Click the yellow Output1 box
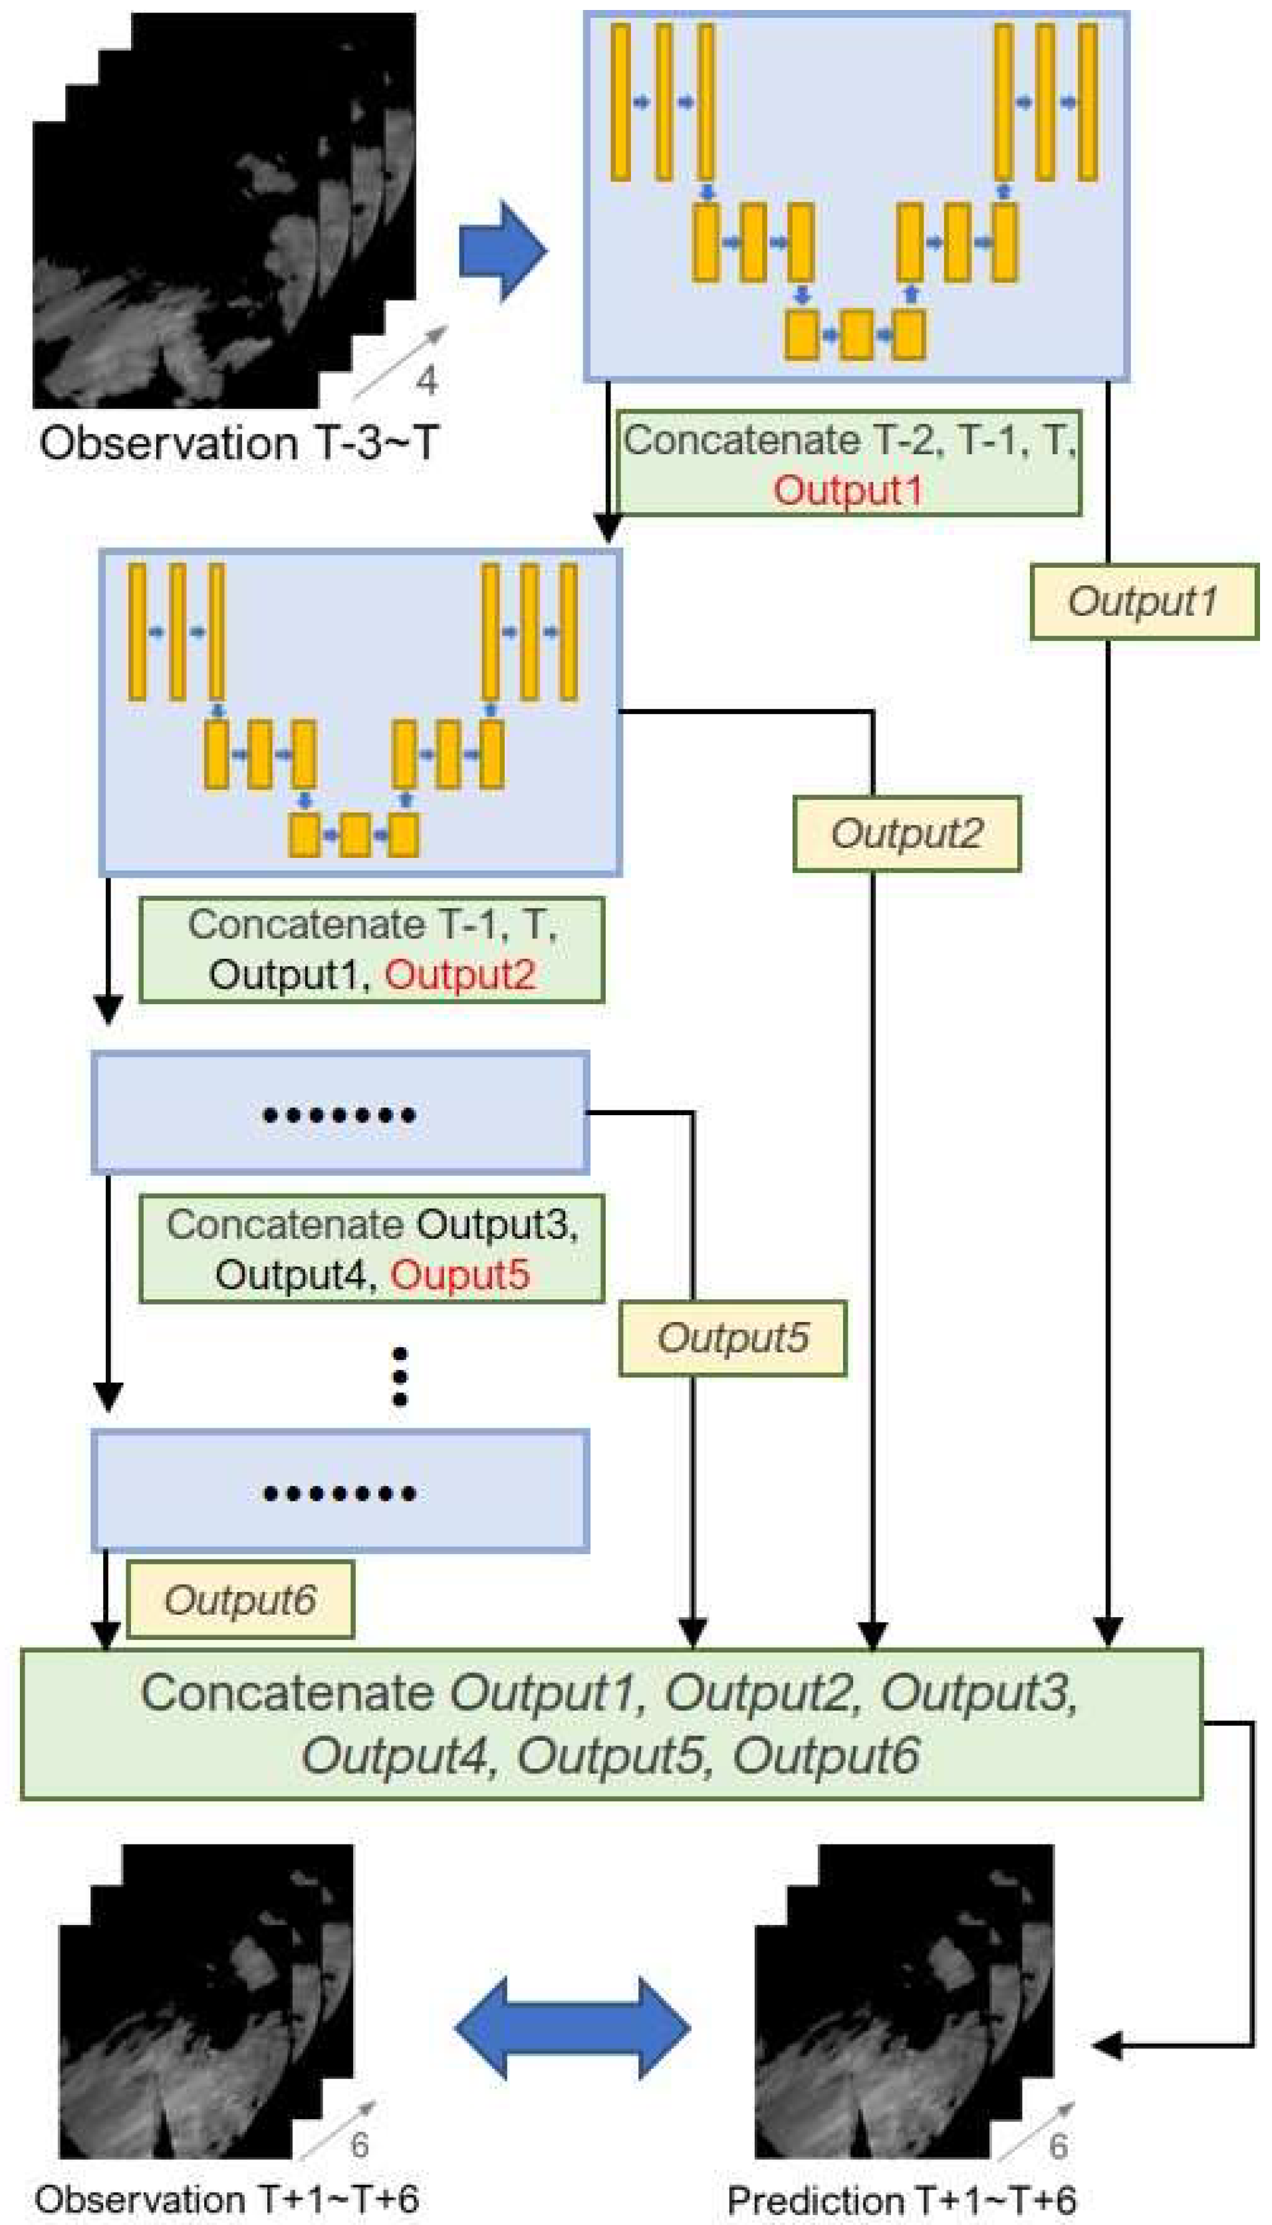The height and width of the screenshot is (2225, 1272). [x=1143, y=602]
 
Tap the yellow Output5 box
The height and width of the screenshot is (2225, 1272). [x=732, y=1339]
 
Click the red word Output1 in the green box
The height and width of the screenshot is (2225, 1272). [x=847, y=489]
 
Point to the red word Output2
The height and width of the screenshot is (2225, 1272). [x=459, y=975]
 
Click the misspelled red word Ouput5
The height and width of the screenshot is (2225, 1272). [x=459, y=1275]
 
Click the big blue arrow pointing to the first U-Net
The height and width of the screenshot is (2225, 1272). [x=502, y=251]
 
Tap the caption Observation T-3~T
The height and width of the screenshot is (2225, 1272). [x=237, y=443]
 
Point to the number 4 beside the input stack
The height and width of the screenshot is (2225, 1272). [x=426, y=381]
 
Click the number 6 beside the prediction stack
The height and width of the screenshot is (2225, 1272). [x=1058, y=2145]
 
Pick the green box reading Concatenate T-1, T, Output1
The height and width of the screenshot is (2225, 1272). [x=371, y=950]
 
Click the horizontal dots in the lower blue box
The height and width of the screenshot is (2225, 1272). [x=339, y=1493]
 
